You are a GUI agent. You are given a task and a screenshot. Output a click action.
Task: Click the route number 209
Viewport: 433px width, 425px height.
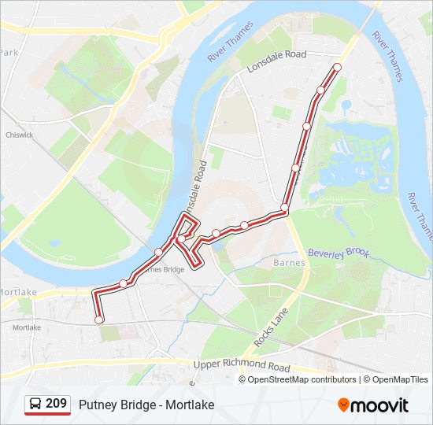(56, 404)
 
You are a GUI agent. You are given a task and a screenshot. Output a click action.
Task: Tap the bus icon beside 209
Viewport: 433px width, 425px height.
(36, 405)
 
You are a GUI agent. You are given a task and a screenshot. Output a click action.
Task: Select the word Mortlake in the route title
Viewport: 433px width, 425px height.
(190, 405)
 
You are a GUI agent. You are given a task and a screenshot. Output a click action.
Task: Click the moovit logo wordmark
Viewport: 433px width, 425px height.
(381, 405)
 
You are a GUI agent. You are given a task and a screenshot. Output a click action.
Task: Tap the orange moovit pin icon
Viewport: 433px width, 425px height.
(344, 405)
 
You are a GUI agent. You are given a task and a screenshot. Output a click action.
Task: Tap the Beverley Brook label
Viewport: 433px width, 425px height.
(338, 253)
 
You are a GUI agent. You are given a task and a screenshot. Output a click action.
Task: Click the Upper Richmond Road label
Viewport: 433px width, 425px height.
(242, 364)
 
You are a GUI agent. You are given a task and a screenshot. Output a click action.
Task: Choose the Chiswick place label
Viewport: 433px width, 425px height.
(19, 135)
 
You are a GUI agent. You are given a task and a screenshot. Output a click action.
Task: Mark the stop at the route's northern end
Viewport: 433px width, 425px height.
(337, 67)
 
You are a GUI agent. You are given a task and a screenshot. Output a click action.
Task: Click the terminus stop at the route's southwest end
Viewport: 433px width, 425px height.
(99, 320)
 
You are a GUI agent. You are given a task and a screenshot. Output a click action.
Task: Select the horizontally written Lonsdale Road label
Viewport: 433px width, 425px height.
(276, 59)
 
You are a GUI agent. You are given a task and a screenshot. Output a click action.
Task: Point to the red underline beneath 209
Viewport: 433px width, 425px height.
(48, 414)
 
